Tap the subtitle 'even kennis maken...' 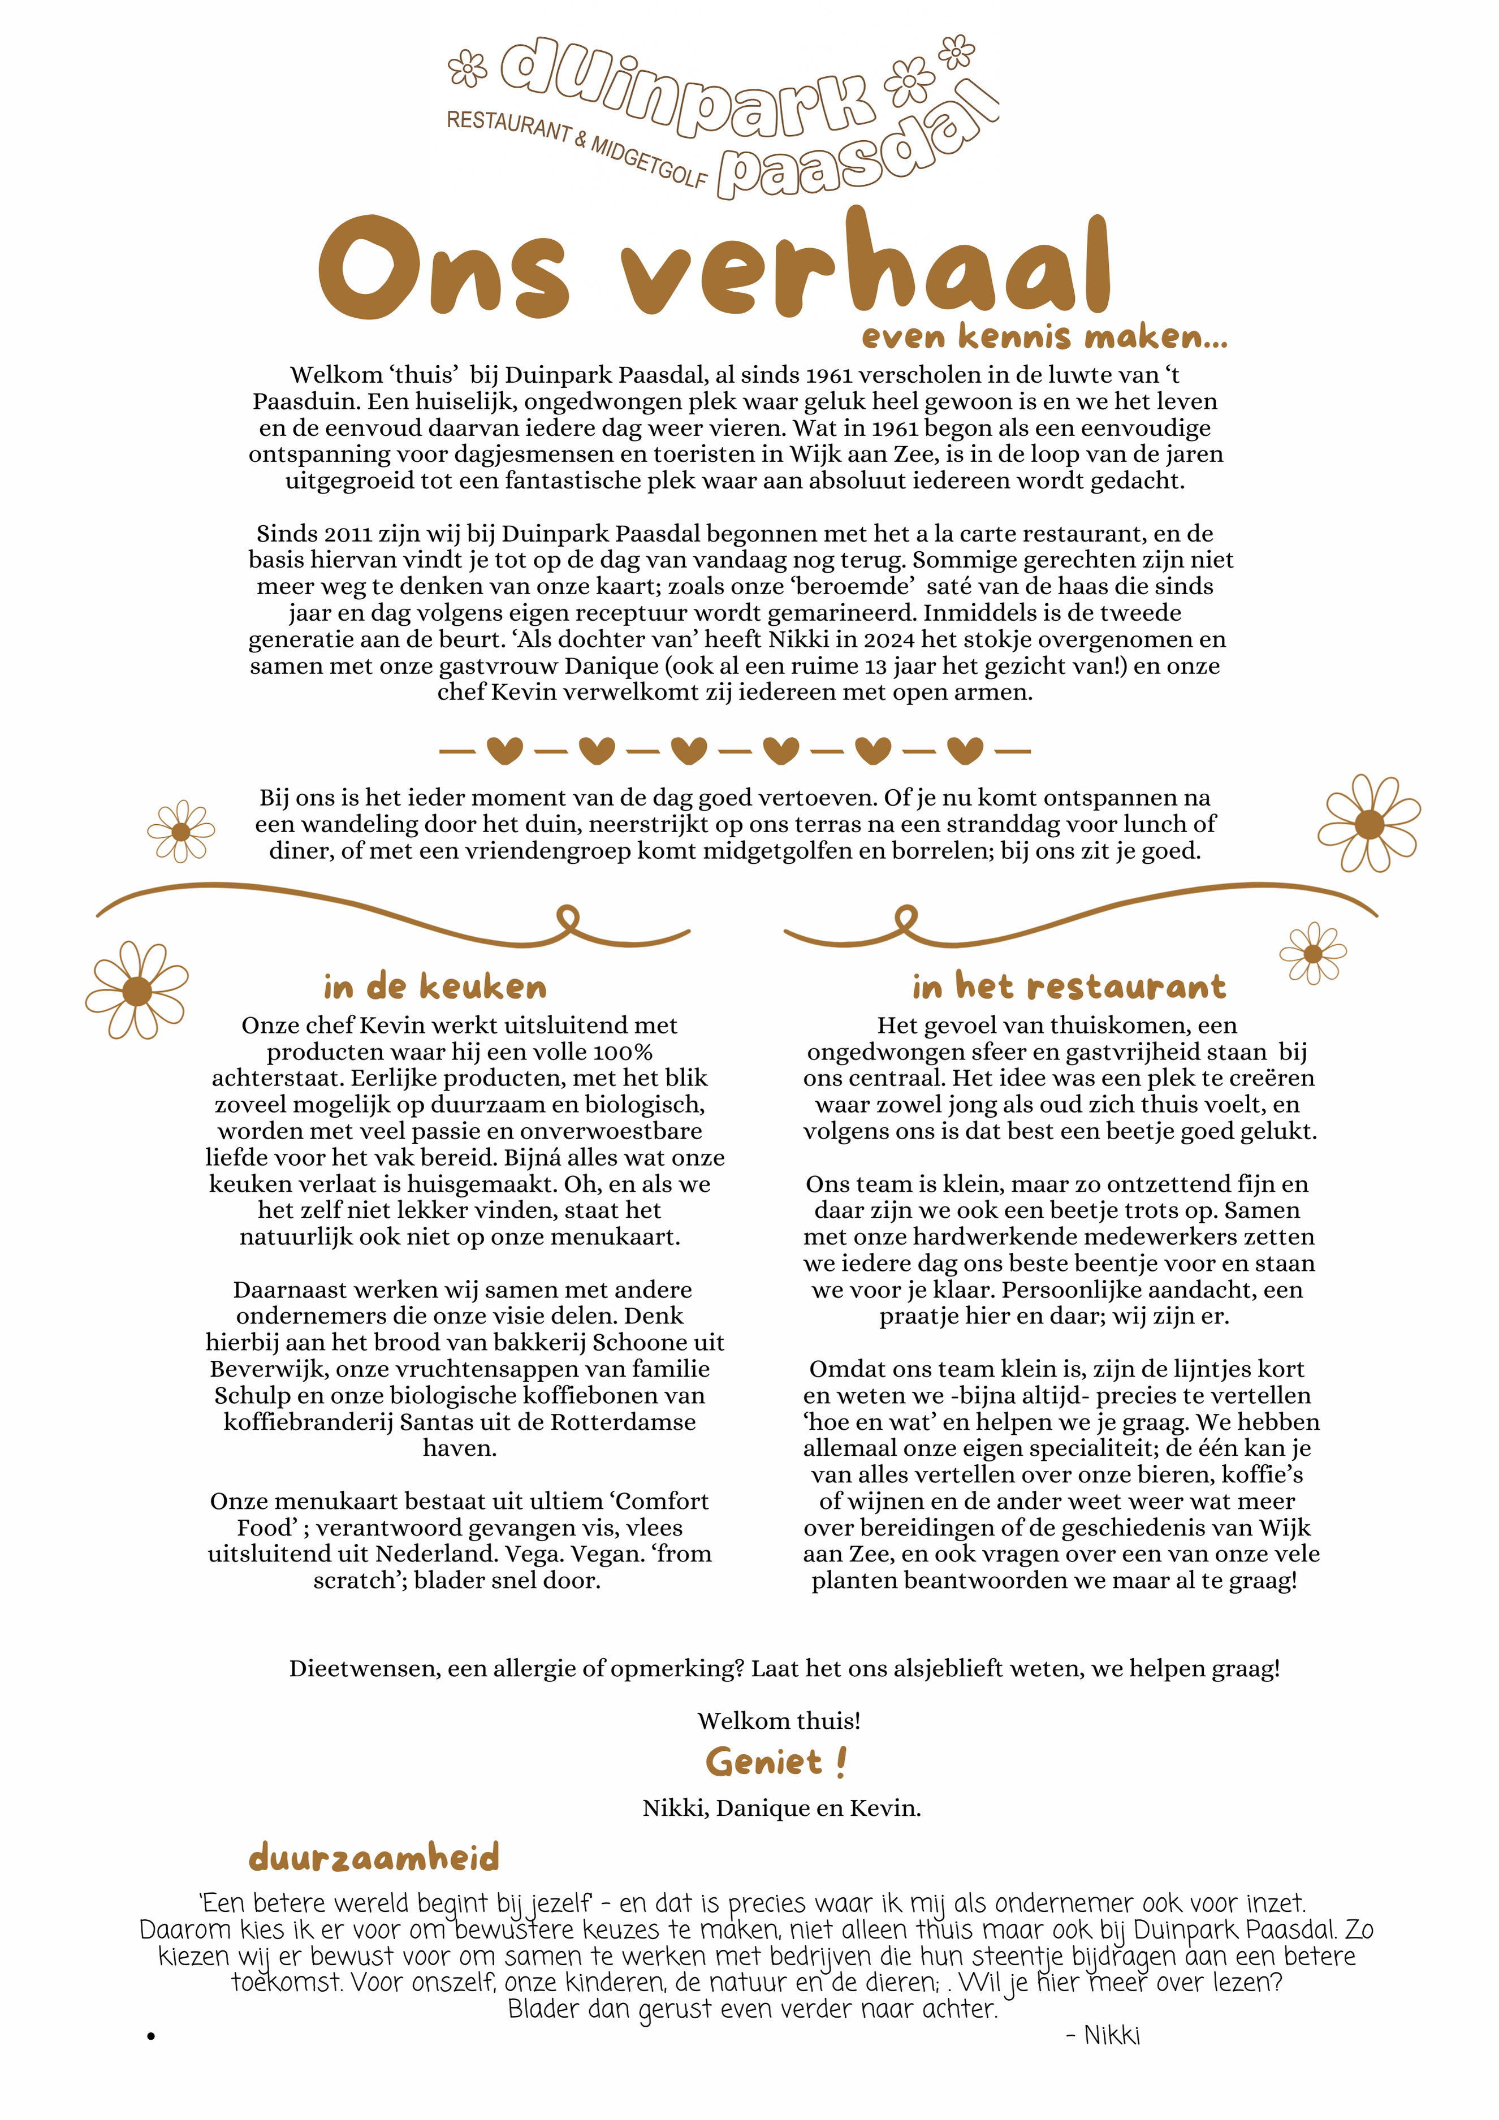tap(1044, 337)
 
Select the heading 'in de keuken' tap(435, 987)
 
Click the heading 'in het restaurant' tap(1069, 987)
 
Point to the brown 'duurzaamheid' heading tap(374, 1857)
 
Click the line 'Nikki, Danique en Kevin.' tap(781, 1808)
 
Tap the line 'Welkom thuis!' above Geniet tap(779, 1721)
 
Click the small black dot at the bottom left tap(150, 2036)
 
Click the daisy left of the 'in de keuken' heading tap(137, 991)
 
